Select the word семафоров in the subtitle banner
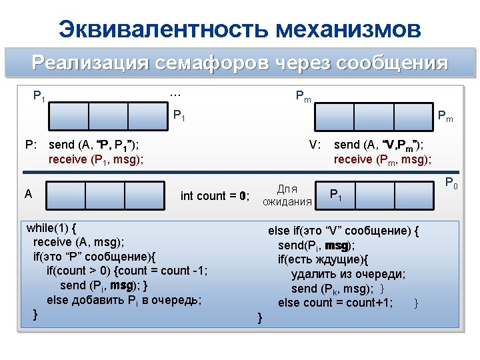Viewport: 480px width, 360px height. tap(208, 63)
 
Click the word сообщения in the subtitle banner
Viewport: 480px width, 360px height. tap(392, 63)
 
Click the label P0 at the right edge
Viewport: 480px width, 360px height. tap(451, 184)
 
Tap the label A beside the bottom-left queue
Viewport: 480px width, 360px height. tap(28, 194)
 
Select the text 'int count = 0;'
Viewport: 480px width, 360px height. tap(215, 196)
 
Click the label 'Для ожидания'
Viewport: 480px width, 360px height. tap(287, 195)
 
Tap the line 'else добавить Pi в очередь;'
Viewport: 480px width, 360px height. tap(124, 299)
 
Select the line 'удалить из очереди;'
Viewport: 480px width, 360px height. tap(348, 273)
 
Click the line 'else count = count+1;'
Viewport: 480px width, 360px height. tap(335, 303)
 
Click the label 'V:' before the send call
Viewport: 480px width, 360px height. tap(315, 145)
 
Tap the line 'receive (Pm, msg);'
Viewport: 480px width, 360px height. tap(382, 159)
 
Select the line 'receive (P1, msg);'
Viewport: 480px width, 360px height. tap(97, 159)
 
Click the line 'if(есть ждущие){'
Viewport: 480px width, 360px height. tap(323, 259)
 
